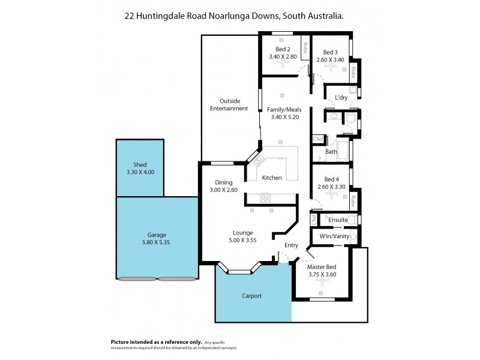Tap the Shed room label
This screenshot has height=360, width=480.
pyautogui.click(x=140, y=164)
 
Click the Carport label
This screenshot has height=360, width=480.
pyautogui.click(x=253, y=296)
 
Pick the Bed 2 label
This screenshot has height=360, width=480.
pyautogui.click(x=283, y=49)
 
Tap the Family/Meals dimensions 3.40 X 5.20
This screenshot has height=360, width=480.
pyautogui.click(x=284, y=118)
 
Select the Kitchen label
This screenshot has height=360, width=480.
pyautogui.click(x=272, y=178)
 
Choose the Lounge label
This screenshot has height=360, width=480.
pyautogui.click(x=243, y=232)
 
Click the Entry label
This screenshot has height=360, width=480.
pyautogui.click(x=291, y=245)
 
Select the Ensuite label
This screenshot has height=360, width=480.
pyautogui.click(x=338, y=220)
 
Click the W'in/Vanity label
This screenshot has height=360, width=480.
pyautogui.click(x=334, y=237)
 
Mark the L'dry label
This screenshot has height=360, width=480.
pyautogui.click(x=341, y=97)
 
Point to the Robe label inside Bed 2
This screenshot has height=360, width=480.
pyautogui.click(x=305, y=46)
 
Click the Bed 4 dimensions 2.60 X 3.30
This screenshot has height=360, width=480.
pyautogui.click(x=332, y=187)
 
